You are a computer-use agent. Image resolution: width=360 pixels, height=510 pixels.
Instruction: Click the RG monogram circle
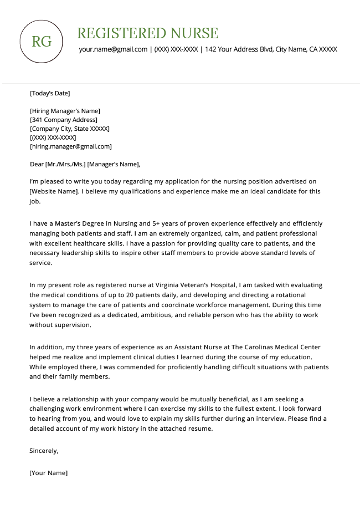[42, 42]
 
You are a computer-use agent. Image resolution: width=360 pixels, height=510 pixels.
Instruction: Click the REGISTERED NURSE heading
[147, 33]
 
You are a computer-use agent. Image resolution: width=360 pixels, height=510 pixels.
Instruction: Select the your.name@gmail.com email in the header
[113, 49]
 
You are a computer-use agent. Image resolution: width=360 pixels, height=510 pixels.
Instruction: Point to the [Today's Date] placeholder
[50, 93]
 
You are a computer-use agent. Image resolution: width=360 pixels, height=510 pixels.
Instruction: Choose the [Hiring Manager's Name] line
[65, 111]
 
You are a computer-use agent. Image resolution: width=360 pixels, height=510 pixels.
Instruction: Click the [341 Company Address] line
[64, 120]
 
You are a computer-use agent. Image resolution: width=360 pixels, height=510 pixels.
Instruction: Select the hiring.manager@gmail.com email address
[71, 146]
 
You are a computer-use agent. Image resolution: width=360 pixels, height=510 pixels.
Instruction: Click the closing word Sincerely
[44, 451]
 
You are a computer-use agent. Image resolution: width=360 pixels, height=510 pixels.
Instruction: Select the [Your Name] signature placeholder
[48, 473]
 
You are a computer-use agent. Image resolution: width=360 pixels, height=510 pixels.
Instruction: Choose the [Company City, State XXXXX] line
[70, 129]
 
